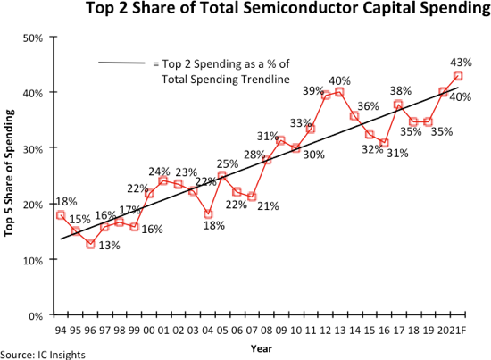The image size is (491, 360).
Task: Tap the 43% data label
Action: [462, 63]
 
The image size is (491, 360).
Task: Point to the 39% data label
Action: [312, 91]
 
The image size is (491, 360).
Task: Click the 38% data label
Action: [401, 90]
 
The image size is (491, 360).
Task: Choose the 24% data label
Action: [160, 171]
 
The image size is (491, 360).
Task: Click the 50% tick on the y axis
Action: [33, 38]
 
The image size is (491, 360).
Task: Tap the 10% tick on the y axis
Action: [33, 260]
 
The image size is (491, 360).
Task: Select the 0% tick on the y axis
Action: [36, 315]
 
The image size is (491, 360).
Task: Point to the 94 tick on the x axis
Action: [61, 330]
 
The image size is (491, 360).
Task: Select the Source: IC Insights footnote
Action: [43, 355]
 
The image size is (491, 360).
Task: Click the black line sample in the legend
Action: [121, 63]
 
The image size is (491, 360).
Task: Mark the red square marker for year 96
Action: [90, 244]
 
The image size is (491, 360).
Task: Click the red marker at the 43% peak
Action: [458, 76]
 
